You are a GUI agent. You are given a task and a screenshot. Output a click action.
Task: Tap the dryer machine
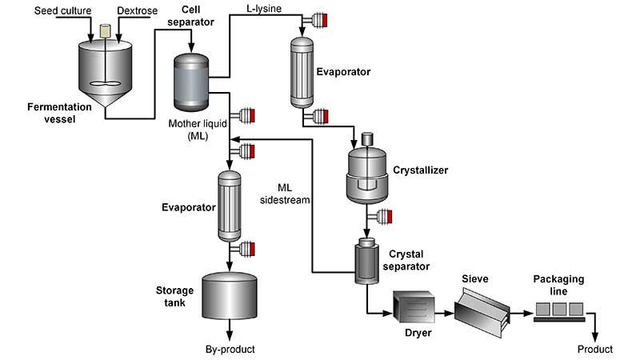point(413,308)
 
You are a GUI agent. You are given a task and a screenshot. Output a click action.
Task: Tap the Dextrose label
point(134,10)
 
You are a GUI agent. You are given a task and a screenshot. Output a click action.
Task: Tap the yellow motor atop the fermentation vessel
point(105,30)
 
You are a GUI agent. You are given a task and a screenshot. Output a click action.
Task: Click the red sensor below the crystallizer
point(390,215)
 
